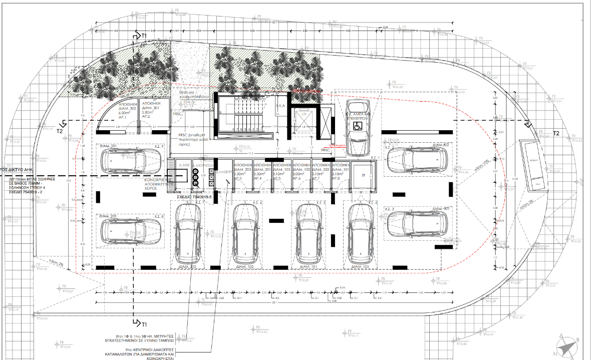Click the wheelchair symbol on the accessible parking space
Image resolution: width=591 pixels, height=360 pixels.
click(358, 125)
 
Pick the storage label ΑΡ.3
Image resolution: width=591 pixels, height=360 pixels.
click(238, 178)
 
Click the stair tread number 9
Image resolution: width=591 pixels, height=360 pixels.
click(220, 113)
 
